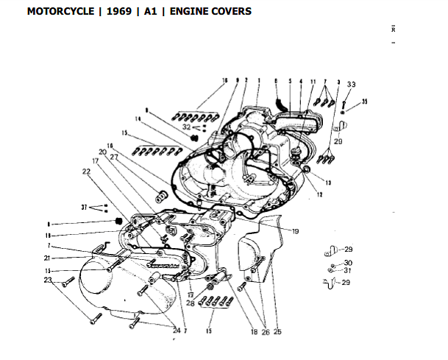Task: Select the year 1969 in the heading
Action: point(114,12)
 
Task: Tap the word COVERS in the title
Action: point(230,12)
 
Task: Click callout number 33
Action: point(351,85)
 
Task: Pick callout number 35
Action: point(364,101)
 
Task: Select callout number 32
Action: point(188,127)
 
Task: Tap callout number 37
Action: point(85,207)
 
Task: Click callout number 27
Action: point(114,157)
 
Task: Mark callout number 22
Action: point(86,172)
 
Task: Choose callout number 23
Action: point(48,280)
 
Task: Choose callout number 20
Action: point(103,151)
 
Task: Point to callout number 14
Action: point(137,118)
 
